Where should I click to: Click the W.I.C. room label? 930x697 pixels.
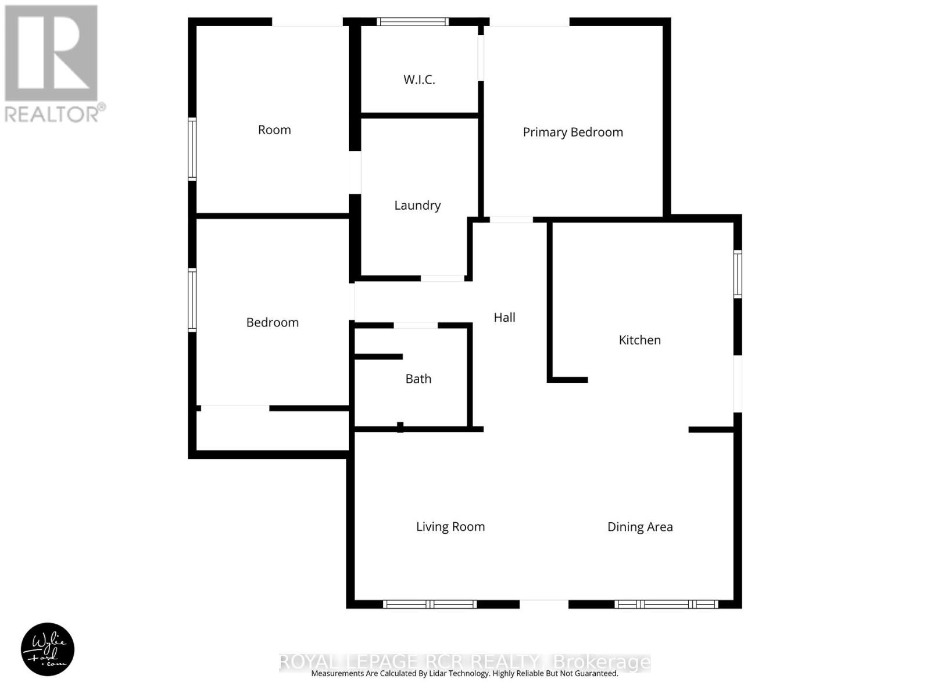pos(419,80)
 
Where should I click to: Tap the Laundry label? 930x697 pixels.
pos(417,205)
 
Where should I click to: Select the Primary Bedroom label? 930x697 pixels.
pos(573,132)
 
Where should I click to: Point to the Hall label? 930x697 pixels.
pos(504,317)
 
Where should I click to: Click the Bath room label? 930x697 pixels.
pos(418,379)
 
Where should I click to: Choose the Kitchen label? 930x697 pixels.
pos(639,340)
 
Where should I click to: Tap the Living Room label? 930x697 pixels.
pos(450,527)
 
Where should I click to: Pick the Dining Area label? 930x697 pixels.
pos(639,527)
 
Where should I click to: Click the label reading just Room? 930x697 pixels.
pos(274,130)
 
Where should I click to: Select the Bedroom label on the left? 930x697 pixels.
pos(272,322)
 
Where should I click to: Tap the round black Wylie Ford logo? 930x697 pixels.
pos(48,649)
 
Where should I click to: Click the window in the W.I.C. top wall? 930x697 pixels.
pos(413,22)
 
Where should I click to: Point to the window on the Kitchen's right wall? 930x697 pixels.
pos(738,274)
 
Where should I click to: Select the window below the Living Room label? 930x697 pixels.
pos(430,604)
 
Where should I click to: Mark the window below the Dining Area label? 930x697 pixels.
pos(666,604)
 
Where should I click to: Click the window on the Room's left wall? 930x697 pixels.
pos(192,149)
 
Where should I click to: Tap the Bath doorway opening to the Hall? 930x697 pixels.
pos(416,325)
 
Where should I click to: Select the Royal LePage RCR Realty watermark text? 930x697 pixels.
pos(465,662)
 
